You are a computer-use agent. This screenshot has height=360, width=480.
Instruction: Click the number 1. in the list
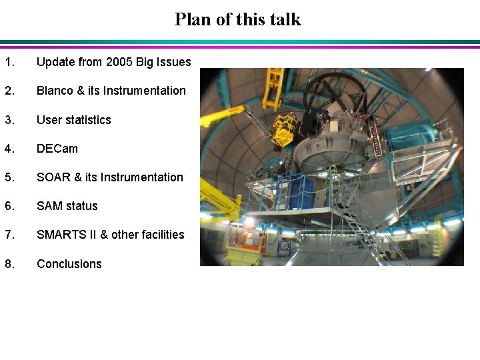coord(9,62)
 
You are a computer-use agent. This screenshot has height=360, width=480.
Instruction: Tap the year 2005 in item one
coord(119,62)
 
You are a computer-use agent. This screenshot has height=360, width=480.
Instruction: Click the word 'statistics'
coord(87,120)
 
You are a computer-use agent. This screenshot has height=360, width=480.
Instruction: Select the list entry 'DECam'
coord(57,149)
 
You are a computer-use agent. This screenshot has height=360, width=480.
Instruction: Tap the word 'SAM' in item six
coord(49,206)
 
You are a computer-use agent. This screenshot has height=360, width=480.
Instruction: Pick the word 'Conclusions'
coord(69,264)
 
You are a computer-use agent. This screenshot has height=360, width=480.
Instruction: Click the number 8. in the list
coord(9,264)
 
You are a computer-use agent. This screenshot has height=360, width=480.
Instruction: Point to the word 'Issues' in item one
coord(174,62)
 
